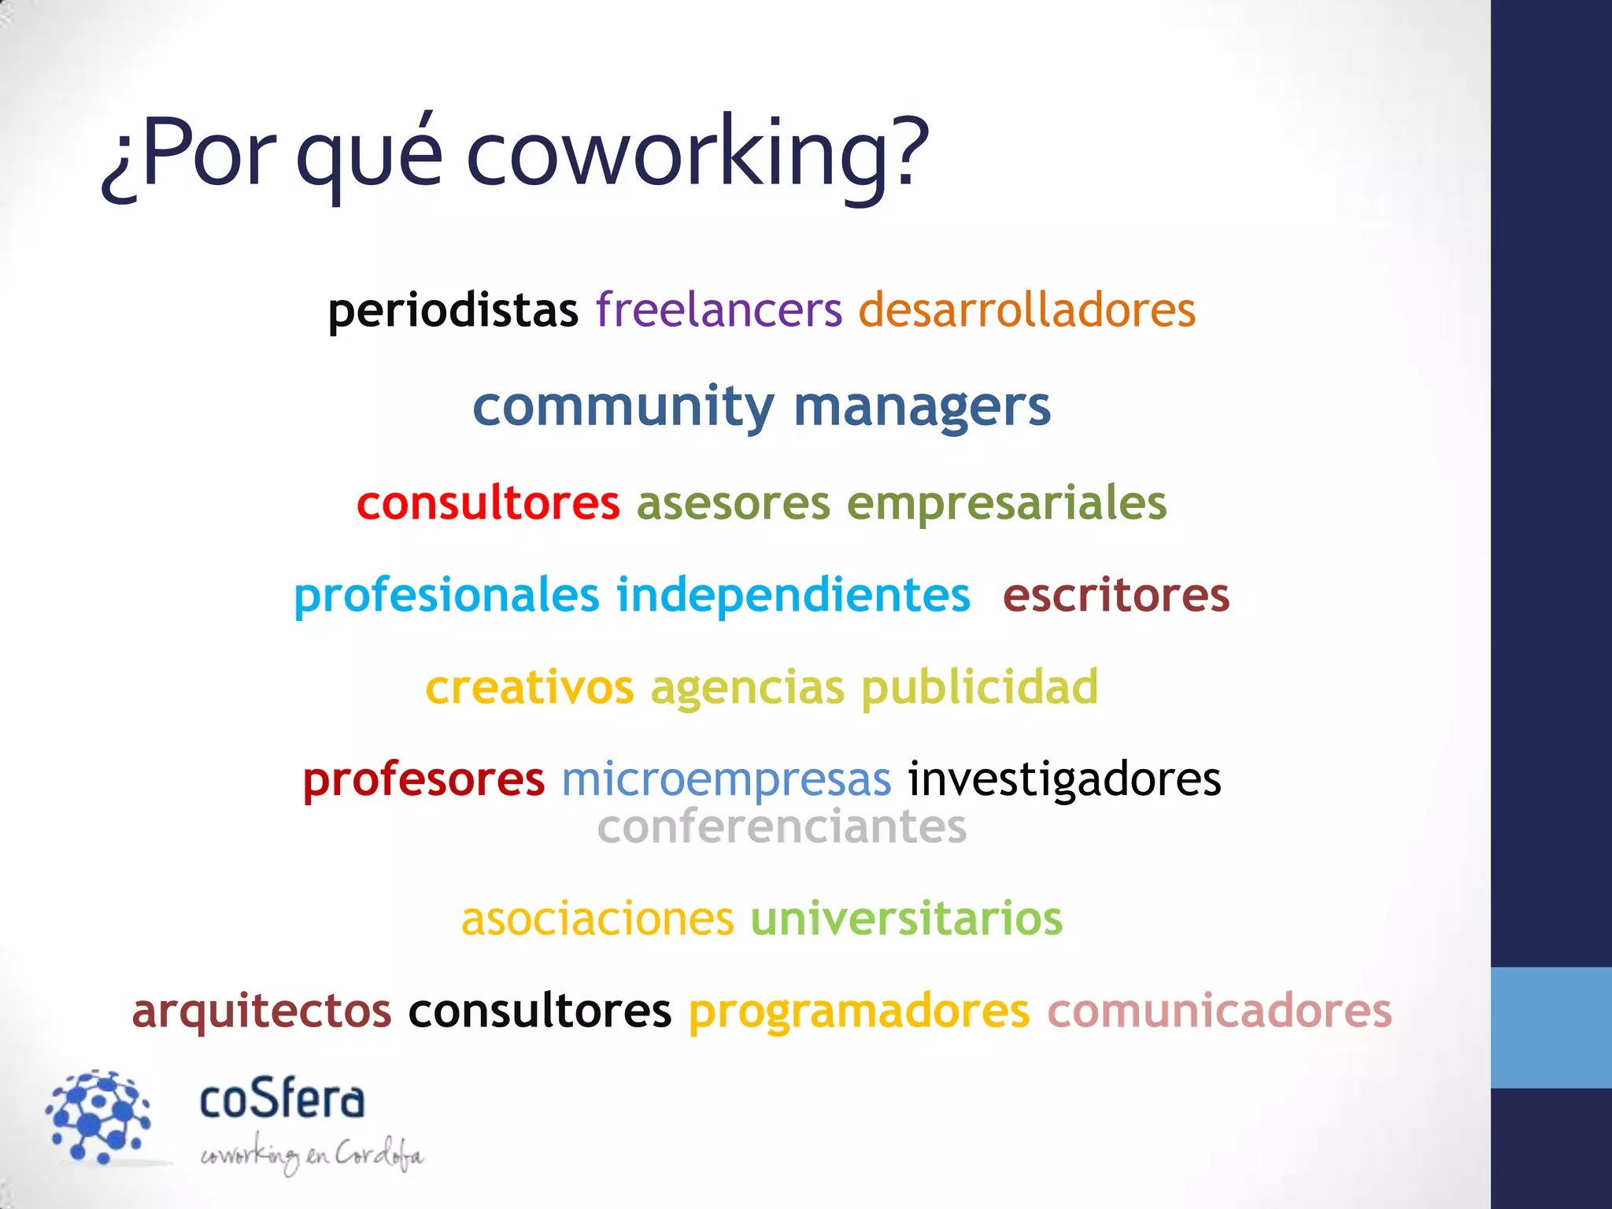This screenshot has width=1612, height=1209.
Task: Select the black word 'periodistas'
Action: click(453, 310)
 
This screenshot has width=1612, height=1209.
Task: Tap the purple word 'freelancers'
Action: click(719, 309)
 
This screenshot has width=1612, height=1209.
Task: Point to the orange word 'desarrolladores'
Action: click(1026, 309)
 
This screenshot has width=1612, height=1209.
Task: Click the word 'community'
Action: click(623, 408)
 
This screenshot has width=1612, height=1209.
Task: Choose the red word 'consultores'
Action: click(488, 503)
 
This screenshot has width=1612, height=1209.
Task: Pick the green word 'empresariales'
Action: click(1006, 505)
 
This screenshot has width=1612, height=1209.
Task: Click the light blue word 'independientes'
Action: click(793, 595)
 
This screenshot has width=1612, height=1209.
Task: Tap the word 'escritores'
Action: click(1115, 595)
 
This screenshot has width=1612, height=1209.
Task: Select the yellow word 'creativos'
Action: click(529, 687)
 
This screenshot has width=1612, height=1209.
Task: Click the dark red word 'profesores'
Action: click(423, 780)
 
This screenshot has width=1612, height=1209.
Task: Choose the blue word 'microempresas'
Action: click(726, 780)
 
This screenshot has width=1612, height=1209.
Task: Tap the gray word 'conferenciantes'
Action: click(782, 827)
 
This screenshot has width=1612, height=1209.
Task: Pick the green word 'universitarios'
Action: click(906, 919)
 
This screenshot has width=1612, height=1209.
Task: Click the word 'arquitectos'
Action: click(261, 1011)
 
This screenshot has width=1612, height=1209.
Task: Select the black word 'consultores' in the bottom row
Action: click(539, 1011)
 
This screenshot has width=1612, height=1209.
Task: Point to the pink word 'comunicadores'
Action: click(1218, 1011)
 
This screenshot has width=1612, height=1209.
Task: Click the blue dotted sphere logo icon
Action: click(98, 1115)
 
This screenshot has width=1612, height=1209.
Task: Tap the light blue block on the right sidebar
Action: click(1551, 1027)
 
